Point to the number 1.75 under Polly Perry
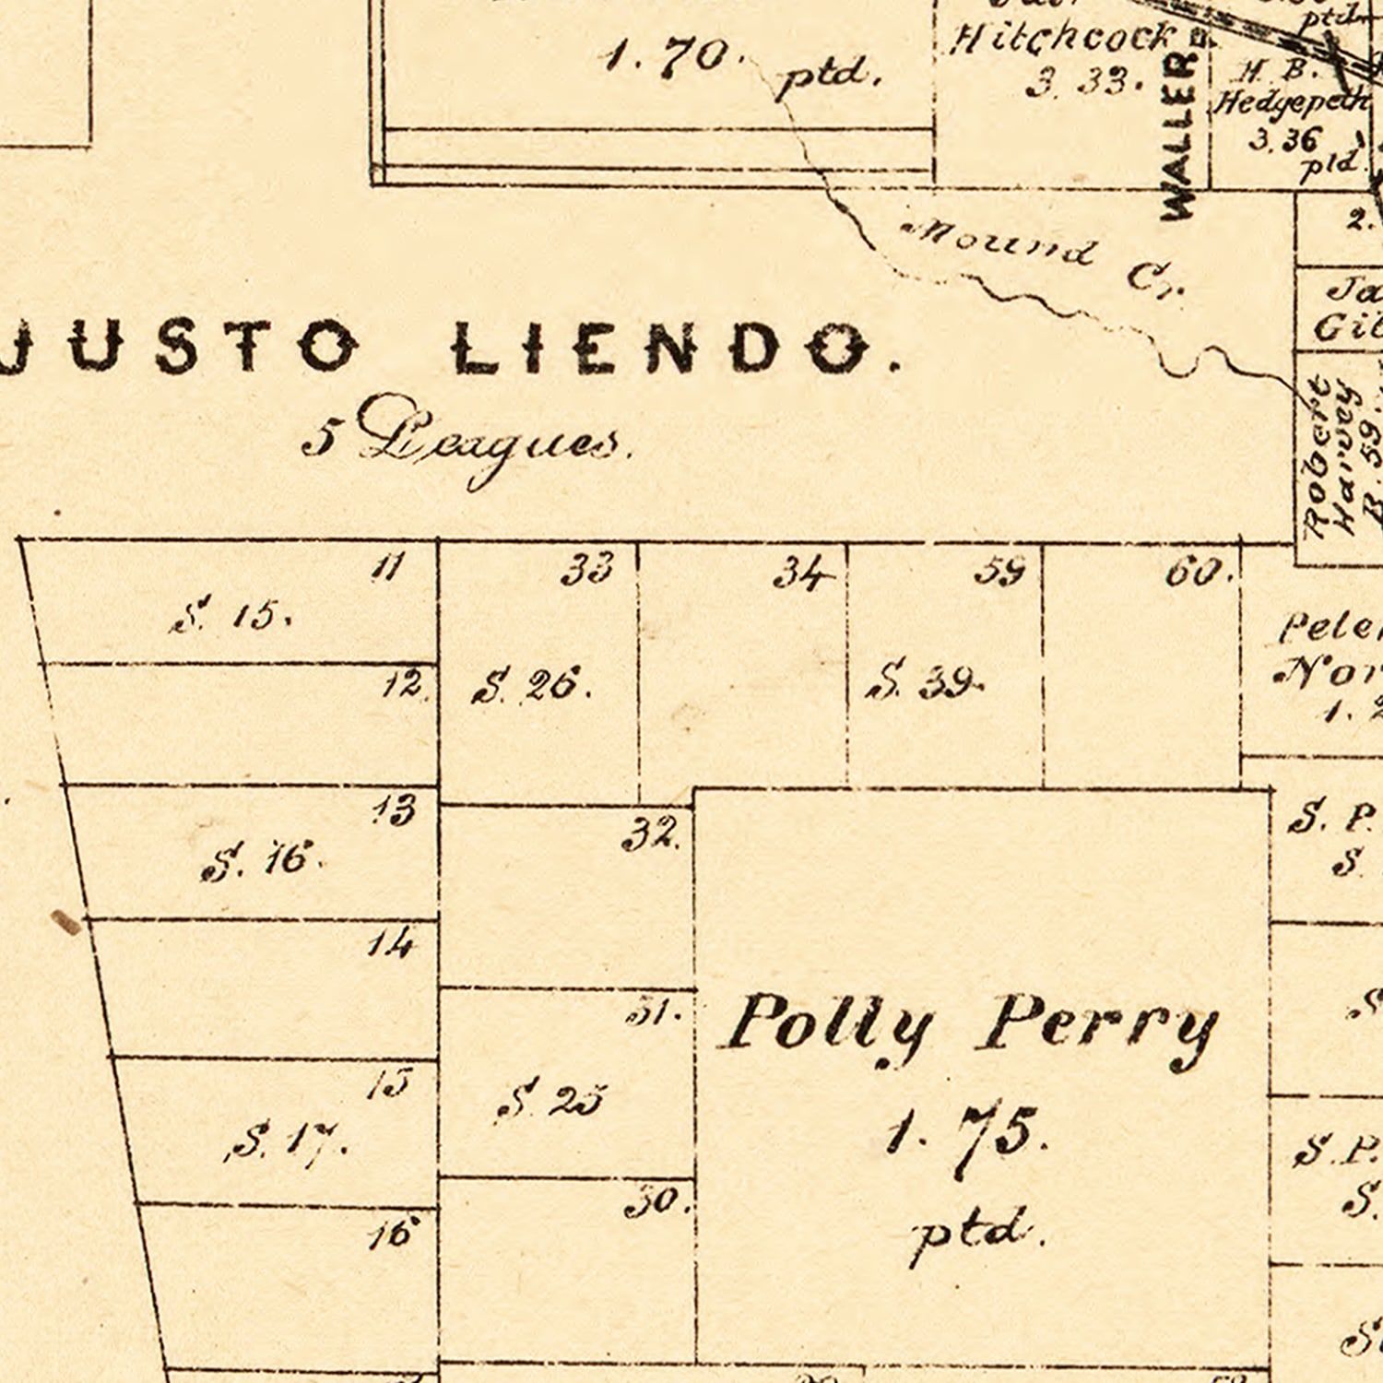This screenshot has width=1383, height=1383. pyautogui.click(x=963, y=1134)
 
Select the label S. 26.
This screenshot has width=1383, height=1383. pyautogui.click(x=531, y=685)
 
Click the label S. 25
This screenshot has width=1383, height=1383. pyautogui.click(x=550, y=1099)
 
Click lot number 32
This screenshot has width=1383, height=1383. pyautogui.click(x=651, y=834)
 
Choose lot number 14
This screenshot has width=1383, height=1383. pyautogui.click(x=391, y=943)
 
